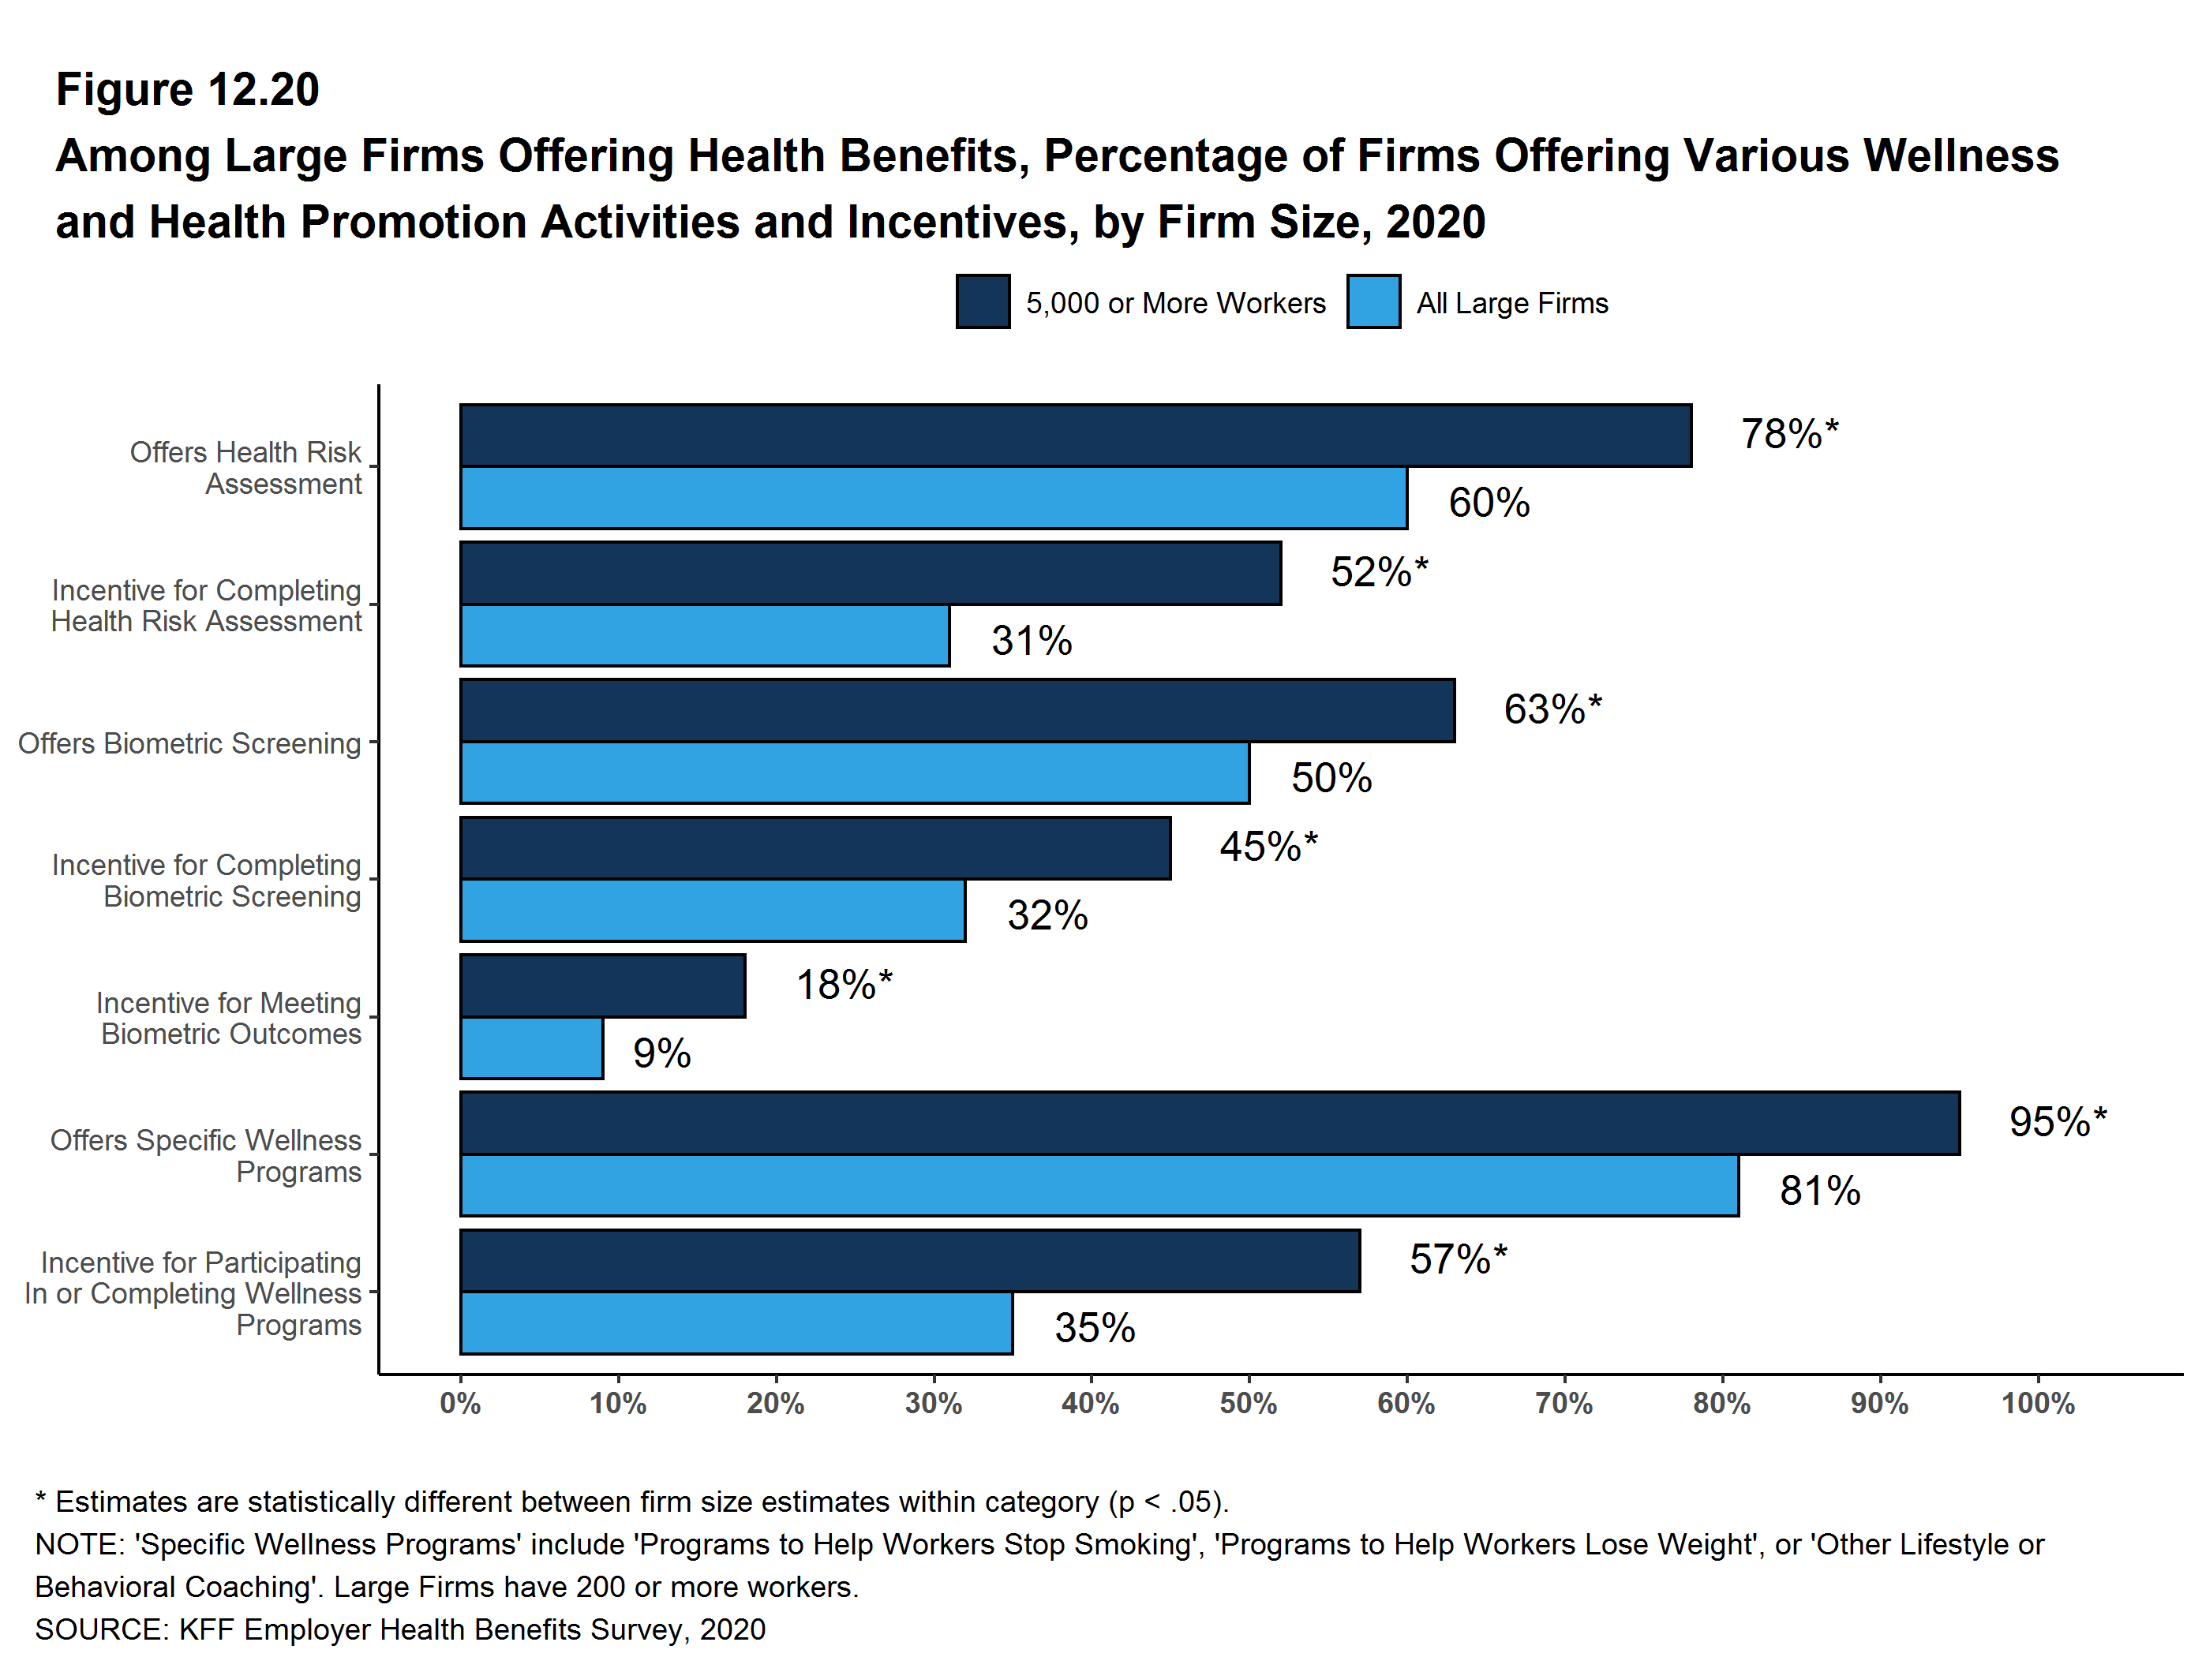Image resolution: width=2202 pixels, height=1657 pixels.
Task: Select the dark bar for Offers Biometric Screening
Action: pos(957,711)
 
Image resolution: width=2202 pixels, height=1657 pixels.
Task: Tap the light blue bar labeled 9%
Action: pos(532,1048)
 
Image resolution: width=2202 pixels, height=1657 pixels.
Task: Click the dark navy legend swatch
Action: pos(983,301)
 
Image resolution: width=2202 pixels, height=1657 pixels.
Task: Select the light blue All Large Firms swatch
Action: pos(1373,301)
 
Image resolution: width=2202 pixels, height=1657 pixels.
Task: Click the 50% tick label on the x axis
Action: pos(1249,1405)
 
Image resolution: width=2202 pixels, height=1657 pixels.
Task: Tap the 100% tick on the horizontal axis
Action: pos(2038,1405)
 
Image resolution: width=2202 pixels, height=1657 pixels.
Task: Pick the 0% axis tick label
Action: pos(460,1405)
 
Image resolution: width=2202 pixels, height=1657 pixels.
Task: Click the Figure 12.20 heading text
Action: pos(187,90)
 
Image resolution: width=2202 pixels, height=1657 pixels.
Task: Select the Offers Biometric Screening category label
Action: pos(189,743)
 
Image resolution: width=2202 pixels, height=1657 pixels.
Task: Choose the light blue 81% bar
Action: pos(1099,1185)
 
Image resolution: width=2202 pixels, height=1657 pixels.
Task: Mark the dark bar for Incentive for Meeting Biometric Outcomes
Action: pos(602,986)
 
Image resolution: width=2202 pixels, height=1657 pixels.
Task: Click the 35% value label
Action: pos(1094,1329)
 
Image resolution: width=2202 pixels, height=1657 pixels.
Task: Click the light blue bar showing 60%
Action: pos(933,498)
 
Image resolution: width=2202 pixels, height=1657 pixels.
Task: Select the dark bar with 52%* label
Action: pos(870,573)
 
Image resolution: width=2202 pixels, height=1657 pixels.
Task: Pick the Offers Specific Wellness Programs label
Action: pos(206,1155)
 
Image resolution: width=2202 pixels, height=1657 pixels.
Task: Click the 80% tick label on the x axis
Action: pos(1721,1405)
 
